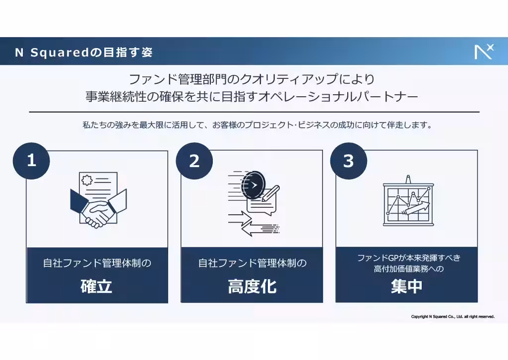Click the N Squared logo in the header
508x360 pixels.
tap(484, 51)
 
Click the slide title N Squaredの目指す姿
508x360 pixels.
tap(83, 52)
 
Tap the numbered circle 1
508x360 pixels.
tap(31, 161)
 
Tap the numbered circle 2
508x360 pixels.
tap(194, 161)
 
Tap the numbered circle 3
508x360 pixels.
tap(348, 161)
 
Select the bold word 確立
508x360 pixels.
tap(97, 287)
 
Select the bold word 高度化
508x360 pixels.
tap(252, 287)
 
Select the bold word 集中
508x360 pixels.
tap(406, 287)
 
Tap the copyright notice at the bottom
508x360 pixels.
tap(452, 316)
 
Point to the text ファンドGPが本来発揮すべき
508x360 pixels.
tap(409, 258)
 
